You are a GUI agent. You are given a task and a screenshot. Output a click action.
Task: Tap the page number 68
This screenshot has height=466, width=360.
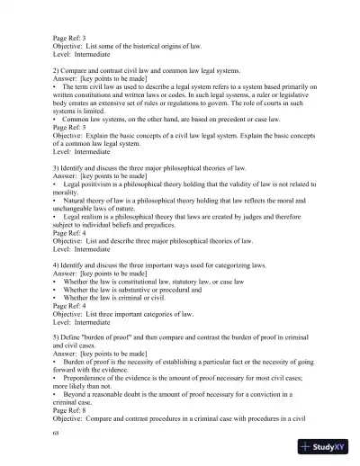click(57, 432)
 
